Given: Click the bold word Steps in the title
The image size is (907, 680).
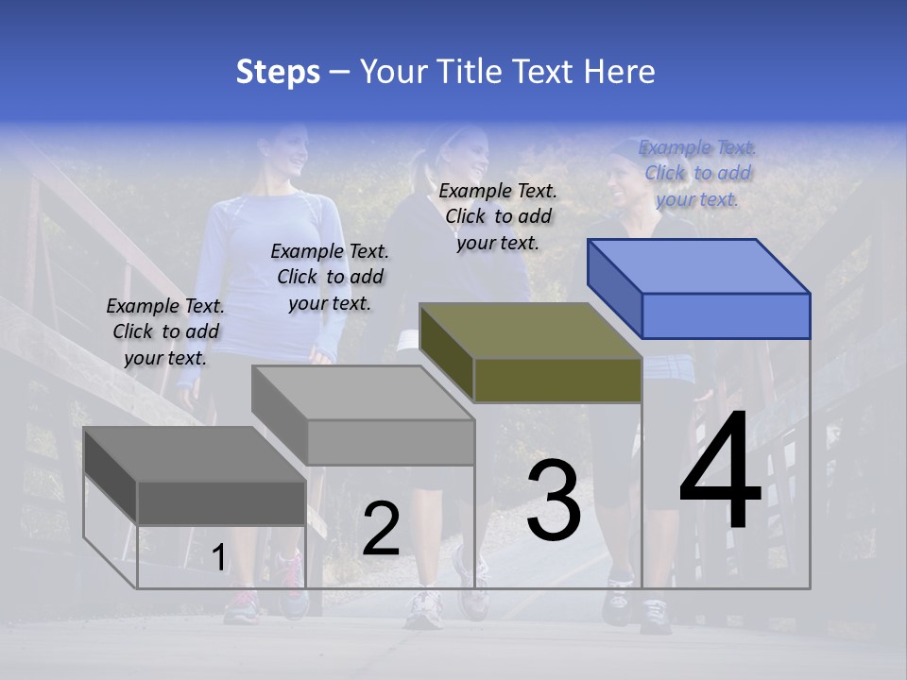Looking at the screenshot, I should (x=278, y=72).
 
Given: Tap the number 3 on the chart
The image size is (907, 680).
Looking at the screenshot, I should (x=554, y=501).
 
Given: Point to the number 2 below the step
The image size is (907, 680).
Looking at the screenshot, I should (x=381, y=529).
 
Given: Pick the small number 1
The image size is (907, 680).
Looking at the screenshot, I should (x=218, y=558).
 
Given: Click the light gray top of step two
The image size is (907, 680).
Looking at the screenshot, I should (x=364, y=393).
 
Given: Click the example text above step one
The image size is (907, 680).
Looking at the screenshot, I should (x=165, y=331).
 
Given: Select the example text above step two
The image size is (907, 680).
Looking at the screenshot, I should (x=330, y=277).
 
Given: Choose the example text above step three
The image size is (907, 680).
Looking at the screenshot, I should (x=498, y=216).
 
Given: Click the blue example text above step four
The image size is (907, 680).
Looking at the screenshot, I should (x=697, y=173).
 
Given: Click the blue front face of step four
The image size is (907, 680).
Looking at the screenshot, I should (x=726, y=315).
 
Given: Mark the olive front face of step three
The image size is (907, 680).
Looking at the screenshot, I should (x=557, y=380).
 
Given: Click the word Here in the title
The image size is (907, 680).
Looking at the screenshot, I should (x=621, y=72).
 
